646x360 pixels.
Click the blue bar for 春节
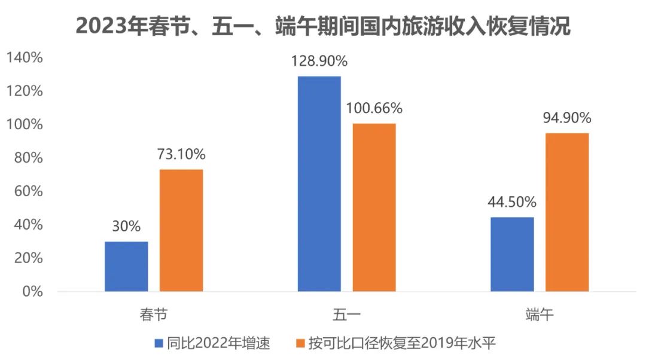tap(126, 267)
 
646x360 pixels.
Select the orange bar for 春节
tap(181, 231)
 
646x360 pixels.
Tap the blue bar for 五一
tap(319, 184)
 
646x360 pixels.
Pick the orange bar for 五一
tap(374, 208)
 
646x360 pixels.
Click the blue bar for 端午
tap(512, 254)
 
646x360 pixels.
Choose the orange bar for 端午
tap(567, 212)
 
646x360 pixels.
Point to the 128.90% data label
tap(319, 62)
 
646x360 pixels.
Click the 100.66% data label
tap(374, 109)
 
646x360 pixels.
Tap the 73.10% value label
tap(181, 155)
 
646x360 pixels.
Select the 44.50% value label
tap(512, 202)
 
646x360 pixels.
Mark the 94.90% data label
tap(566, 117)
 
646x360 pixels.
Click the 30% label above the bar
tap(126, 227)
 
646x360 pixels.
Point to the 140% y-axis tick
tap(25, 58)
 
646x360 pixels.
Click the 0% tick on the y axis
tap(32, 292)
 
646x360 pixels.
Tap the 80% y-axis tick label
tap(28, 158)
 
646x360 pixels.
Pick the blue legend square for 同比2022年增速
tap(159, 343)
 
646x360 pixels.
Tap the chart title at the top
tap(323, 27)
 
